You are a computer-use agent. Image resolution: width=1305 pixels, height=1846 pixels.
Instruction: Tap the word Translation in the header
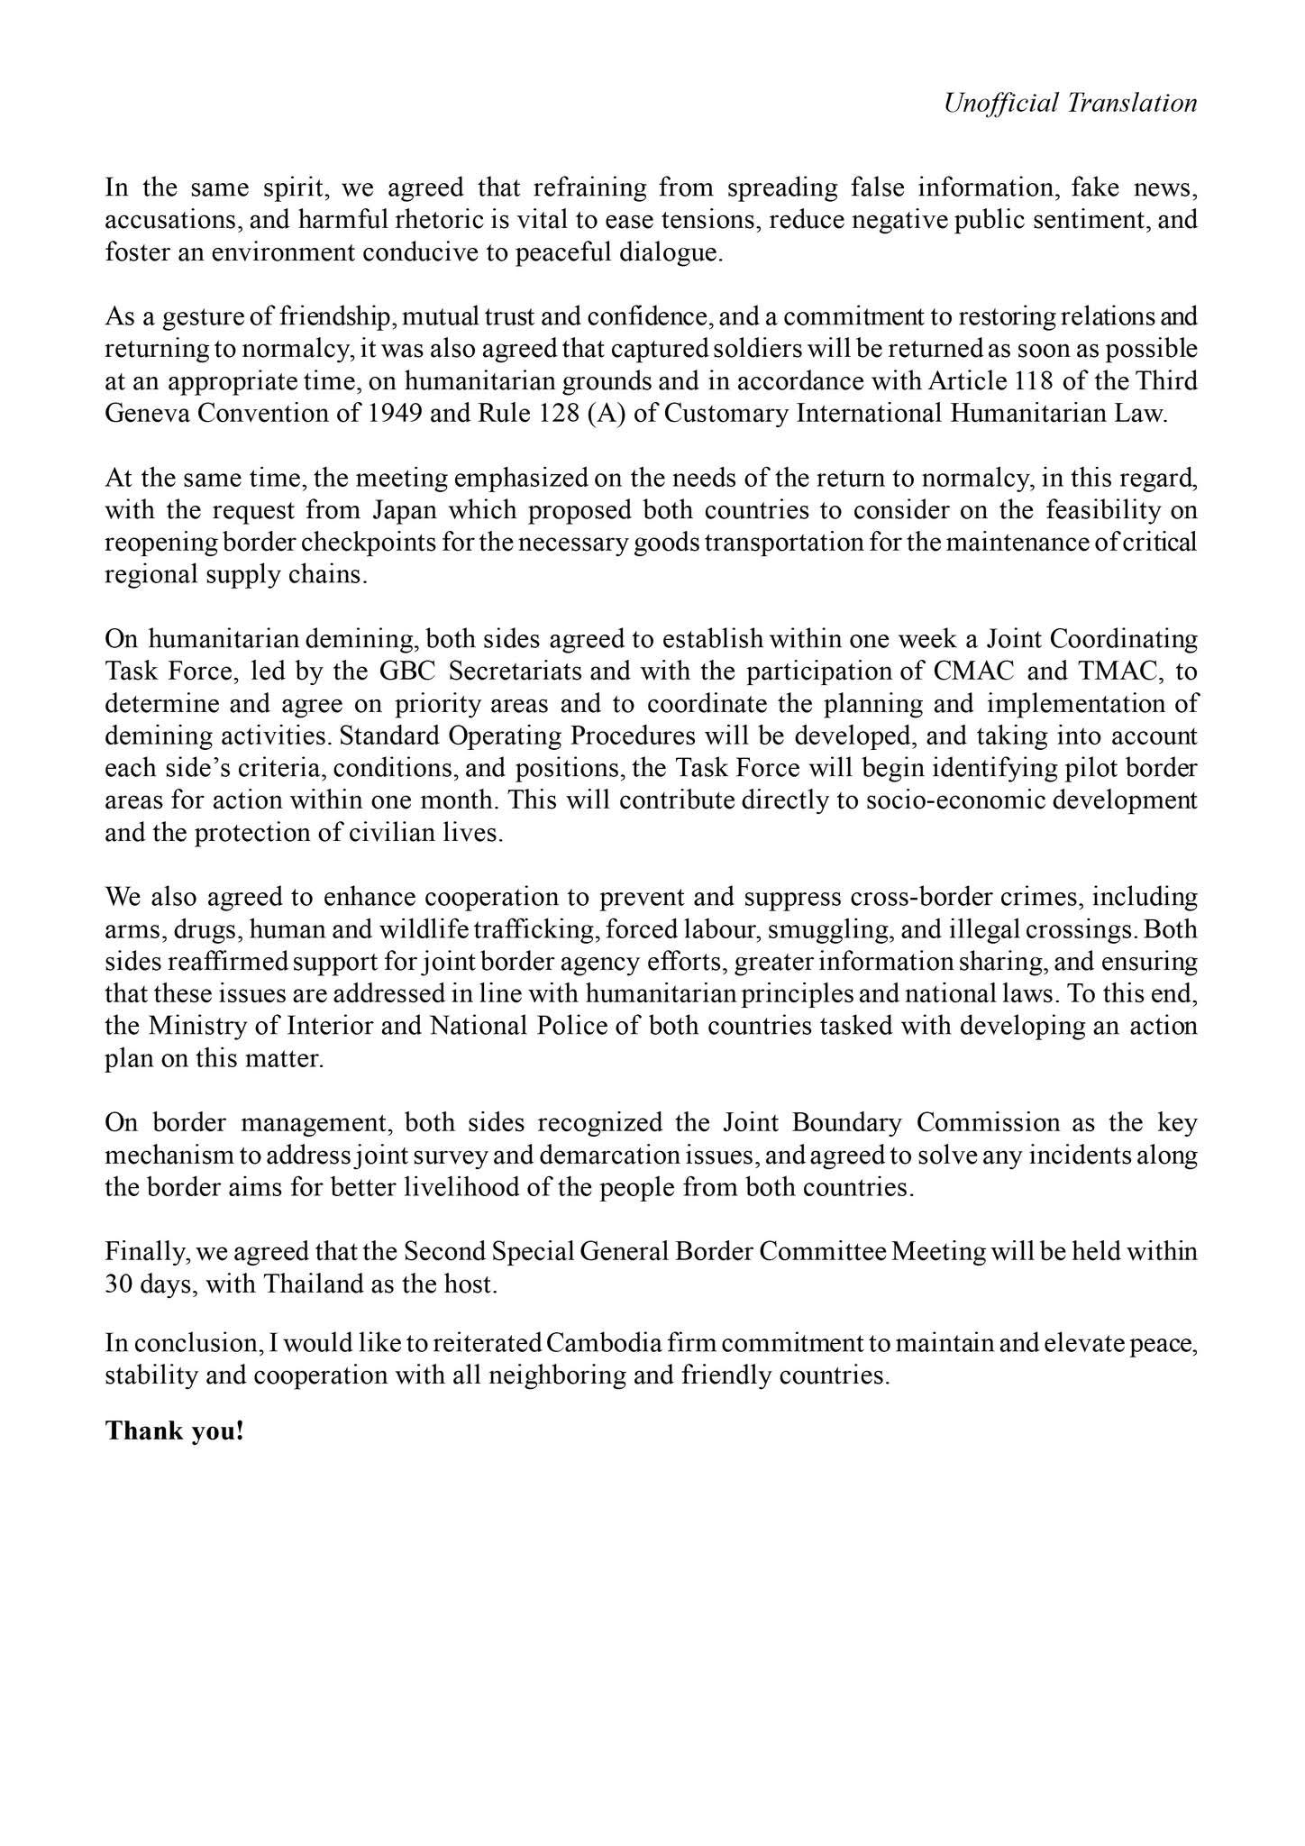click(1132, 103)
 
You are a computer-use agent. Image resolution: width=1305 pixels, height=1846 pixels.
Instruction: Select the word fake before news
click(1092, 187)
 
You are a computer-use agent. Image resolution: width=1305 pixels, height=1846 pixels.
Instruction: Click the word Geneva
click(144, 414)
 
